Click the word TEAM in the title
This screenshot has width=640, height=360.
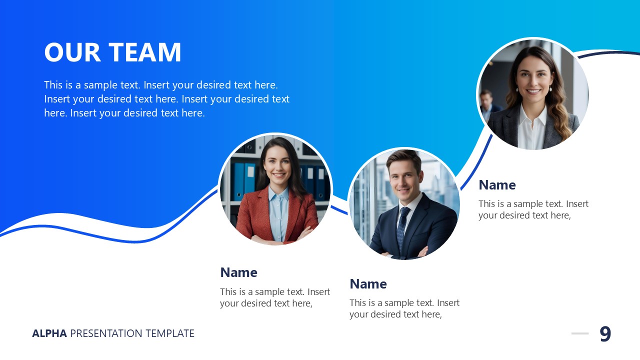[x=145, y=52]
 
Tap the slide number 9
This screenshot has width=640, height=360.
[x=605, y=334]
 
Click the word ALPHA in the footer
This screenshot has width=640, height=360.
[x=49, y=333]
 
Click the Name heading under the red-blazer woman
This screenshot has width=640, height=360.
[x=238, y=272]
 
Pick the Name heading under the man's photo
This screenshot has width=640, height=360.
[x=368, y=284]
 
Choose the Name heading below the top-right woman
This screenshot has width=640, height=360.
[x=497, y=185]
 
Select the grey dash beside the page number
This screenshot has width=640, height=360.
[x=580, y=333]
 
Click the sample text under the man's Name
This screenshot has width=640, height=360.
[x=404, y=308]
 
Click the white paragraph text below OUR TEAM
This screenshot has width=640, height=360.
[x=166, y=99]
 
